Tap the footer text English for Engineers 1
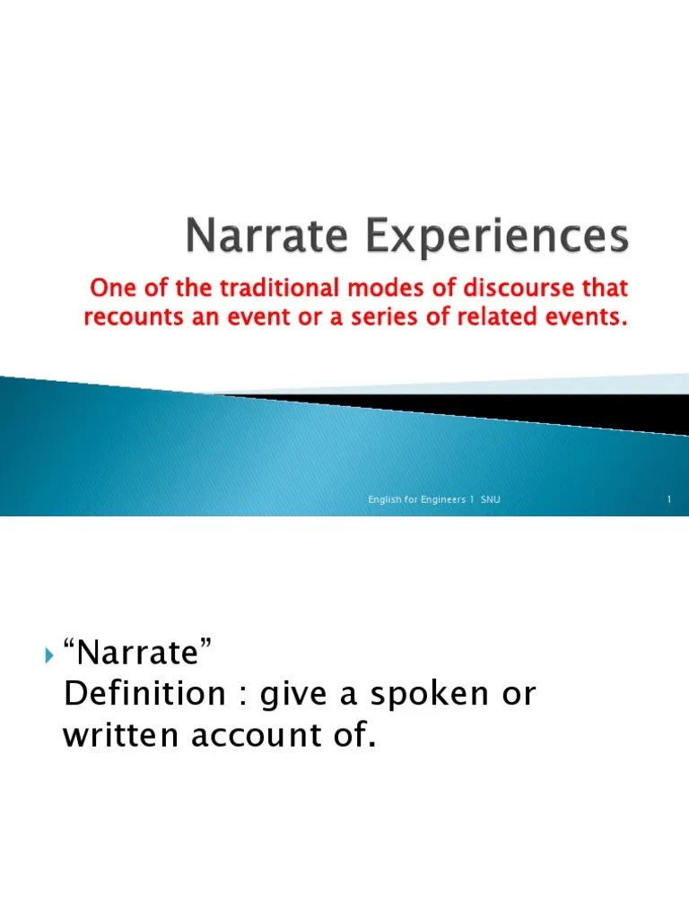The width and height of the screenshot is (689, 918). pos(417,499)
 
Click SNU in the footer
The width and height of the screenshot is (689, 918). pos(491,499)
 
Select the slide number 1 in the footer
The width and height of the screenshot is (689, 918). pos(669,499)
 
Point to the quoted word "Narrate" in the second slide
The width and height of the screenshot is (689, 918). pos(139,654)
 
